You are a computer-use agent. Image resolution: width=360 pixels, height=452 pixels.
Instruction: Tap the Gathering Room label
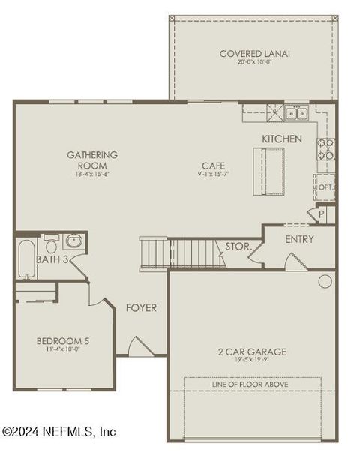[92, 160]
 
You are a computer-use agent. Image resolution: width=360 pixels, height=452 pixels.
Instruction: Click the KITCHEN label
[282, 139]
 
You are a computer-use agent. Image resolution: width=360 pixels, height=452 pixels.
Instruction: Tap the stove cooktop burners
[326, 149]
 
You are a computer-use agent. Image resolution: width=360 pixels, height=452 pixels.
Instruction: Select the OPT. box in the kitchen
[325, 187]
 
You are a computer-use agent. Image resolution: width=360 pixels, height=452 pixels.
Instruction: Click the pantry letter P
[322, 214]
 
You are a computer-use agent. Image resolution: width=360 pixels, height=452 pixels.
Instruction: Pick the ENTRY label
[300, 240]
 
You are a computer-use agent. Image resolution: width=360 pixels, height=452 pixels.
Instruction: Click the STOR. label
[238, 246]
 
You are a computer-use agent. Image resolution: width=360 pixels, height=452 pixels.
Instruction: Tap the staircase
[184, 253]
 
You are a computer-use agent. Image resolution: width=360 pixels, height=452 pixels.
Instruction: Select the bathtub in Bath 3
[26, 258]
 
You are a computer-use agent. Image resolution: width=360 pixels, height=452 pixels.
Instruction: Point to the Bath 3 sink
[74, 241]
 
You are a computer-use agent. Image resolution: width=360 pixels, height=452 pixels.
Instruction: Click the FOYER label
[141, 307]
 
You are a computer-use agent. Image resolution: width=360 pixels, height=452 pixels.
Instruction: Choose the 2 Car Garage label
[252, 352]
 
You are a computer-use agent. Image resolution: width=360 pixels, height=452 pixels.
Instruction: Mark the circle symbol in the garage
[325, 281]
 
